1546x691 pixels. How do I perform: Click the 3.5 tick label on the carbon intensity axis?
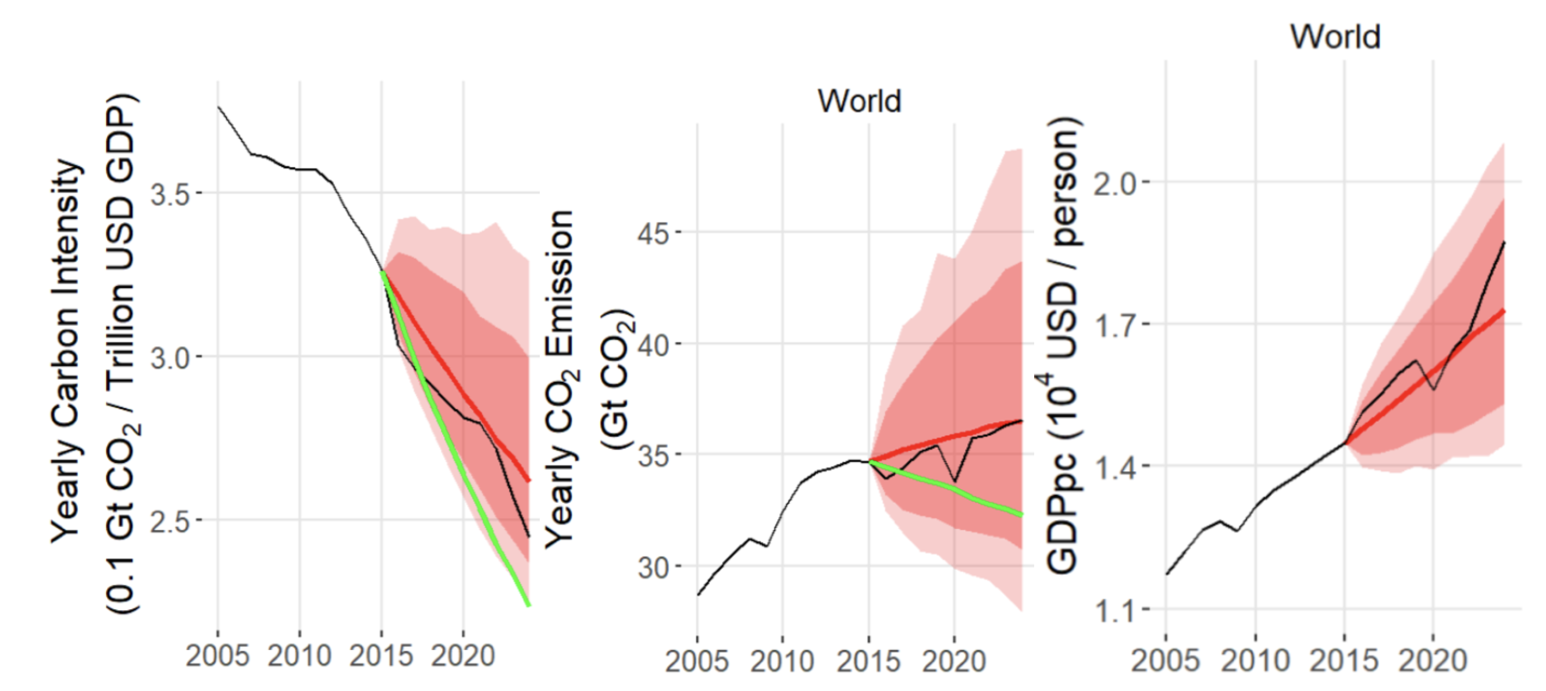coord(169,194)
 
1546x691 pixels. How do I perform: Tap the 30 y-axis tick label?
coord(653,567)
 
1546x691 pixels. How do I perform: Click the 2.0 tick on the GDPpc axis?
coord(1114,183)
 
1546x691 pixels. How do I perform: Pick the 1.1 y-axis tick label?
coord(1114,611)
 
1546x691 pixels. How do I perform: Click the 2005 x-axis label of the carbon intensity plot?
coord(218,656)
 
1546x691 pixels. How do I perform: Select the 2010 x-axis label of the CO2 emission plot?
coord(782,660)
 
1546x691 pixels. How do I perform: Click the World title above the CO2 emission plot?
coord(860,101)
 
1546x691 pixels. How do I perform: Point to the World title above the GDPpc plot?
coord(1336,37)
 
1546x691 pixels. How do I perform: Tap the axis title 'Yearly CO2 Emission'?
coord(560,378)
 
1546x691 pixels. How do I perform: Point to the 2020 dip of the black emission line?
coord(955,481)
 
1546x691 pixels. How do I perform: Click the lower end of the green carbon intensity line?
coord(528,604)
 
